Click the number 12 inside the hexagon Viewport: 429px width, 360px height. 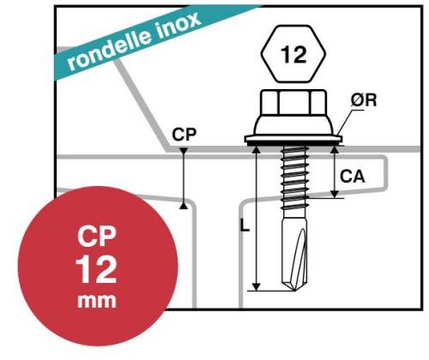coord(293,54)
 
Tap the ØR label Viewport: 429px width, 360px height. coord(364,100)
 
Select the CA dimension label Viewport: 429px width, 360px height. coord(353,177)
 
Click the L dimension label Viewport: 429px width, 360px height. coord(245,225)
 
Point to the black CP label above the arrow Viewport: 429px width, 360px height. coord(184,135)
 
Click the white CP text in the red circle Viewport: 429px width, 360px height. coord(97,237)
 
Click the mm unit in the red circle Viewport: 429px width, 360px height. coord(97,301)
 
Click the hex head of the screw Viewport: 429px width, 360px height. coord(293,101)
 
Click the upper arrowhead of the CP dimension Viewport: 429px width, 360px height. coord(184,151)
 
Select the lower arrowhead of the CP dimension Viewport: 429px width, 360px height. coord(184,205)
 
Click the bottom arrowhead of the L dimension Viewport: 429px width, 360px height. coord(257,286)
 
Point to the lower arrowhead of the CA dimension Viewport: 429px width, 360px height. coord(335,195)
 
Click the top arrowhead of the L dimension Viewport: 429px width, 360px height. coord(257,150)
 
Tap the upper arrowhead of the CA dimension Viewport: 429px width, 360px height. coord(335,150)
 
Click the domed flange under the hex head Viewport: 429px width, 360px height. coord(293,125)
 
